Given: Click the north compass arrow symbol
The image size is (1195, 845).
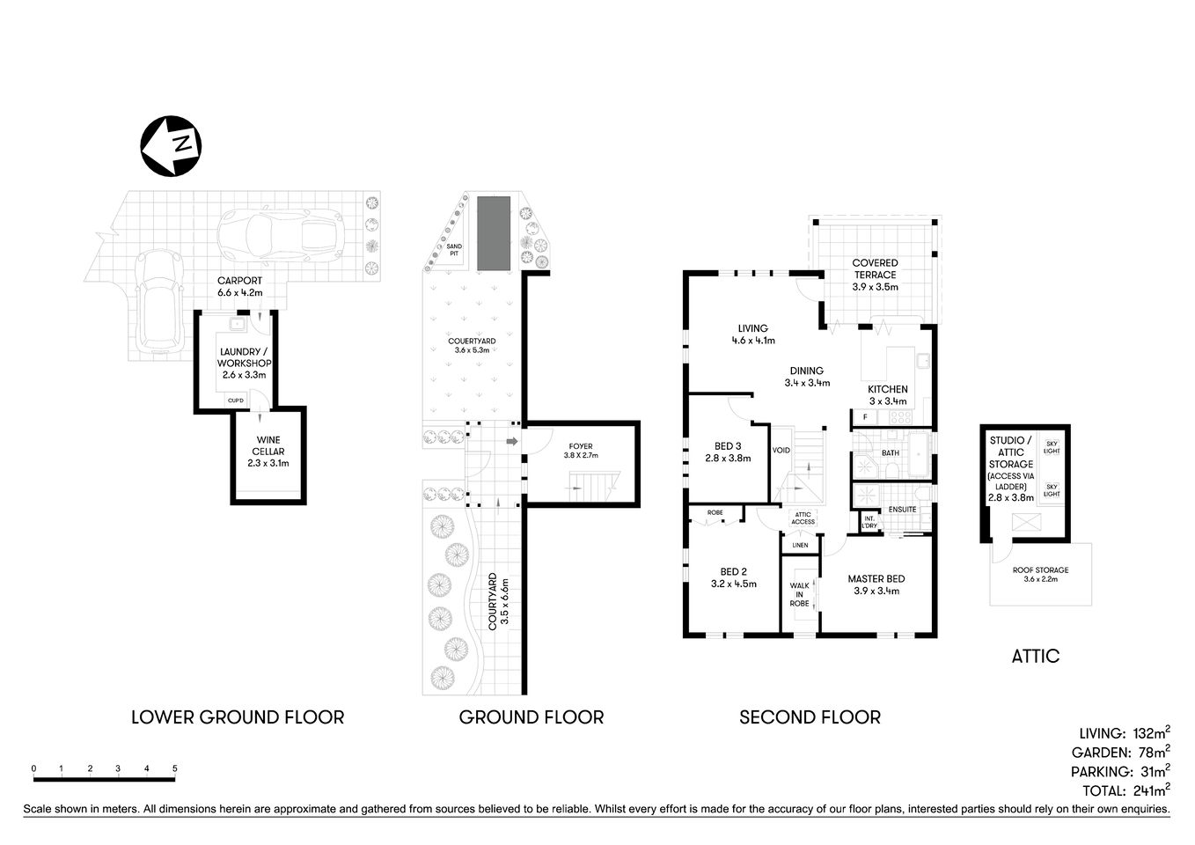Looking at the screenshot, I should tap(171, 145).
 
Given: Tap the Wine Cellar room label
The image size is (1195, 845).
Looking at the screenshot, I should tap(269, 451).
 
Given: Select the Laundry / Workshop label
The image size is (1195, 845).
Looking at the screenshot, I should tap(246, 363).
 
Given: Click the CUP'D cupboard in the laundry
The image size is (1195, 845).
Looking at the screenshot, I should tap(236, 401).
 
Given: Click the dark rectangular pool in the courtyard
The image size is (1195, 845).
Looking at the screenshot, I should tap(494, 233).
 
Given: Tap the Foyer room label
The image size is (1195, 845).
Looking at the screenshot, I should tap(581, 451).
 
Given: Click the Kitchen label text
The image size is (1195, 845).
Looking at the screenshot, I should tap(887, 389).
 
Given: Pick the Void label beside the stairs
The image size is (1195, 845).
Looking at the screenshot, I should tap(781, 451).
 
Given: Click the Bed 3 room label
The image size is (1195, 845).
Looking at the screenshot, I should tap(727, 451).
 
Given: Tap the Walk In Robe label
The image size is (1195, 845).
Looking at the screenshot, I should tap(799, 594).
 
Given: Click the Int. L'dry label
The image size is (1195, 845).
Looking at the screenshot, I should tap(869, 522).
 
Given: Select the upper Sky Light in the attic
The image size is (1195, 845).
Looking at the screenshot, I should tap(1052, 447).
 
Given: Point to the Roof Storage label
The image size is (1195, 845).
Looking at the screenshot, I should tap(1040, 574).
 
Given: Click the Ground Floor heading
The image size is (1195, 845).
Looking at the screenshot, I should tap(532, 717).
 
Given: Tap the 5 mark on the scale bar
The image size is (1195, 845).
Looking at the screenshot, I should tap(175, 768).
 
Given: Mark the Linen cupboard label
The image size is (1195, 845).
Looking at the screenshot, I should tap(799, 546).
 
